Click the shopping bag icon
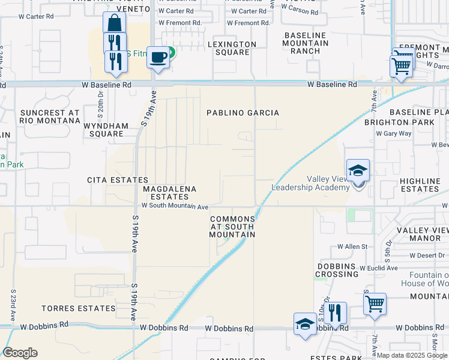pos(114,23)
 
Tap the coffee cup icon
pos(158,58)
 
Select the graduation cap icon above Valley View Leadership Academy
pos(358,170)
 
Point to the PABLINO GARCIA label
pos(243,113)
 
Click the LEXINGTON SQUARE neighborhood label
pos(232,48)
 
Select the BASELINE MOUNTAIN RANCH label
pos(306,43)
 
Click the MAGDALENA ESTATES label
pos(170,193)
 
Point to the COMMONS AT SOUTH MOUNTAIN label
pos(232,227)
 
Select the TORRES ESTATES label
pos(78,308)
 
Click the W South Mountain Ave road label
pos(175,206)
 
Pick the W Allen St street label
pos(352,247)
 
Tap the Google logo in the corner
pos(20,353)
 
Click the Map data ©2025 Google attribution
pos(411,355)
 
